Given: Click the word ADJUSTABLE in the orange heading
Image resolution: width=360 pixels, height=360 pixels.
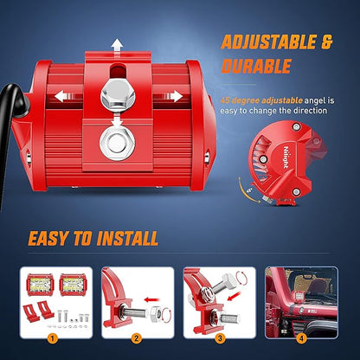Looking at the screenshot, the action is coord(268,42).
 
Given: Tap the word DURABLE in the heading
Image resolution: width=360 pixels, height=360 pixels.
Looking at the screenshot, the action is coord(256,66).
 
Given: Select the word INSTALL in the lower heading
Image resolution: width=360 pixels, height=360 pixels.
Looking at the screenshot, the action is coord(127,239).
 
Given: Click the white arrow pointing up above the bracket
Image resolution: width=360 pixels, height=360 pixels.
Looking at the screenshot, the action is coord(118,45).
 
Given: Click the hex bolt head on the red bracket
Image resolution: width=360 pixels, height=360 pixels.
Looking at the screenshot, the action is coord(118,96).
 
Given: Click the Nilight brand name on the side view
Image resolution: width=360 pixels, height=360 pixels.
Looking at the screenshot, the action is coord(286,157).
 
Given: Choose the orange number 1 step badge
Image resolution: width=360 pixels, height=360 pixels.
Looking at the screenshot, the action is coord(52,337).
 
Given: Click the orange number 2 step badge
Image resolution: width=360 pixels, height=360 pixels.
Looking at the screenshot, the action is coord(137,337).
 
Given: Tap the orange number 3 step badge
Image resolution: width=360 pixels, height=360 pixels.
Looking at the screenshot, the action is coord(220,337).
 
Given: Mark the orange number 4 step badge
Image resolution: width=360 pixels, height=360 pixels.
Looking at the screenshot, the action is coord(301,337).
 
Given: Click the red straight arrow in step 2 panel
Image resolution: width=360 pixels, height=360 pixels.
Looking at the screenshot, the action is coord(151,300).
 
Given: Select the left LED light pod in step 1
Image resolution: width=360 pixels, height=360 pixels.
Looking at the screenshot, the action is coord(40,285).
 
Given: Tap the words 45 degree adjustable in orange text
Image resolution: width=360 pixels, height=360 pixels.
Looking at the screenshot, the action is coord(261,100).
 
